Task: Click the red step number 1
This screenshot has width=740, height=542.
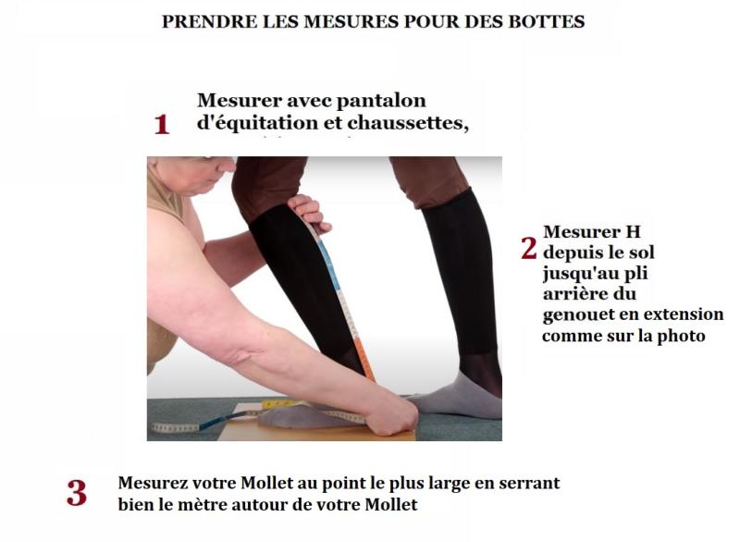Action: pos(161,125)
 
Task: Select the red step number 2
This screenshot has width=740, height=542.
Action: pos(529,248)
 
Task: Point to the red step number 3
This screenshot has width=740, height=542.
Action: pos(77,493)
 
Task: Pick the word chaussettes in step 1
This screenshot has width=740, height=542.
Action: pos(408,123)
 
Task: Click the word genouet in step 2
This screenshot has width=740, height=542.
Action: pos(573,315)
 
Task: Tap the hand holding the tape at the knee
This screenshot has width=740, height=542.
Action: pos(309,213)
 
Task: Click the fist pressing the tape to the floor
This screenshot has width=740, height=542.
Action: pos(392,415)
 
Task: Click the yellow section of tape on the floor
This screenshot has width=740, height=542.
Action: pos(278,404)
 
